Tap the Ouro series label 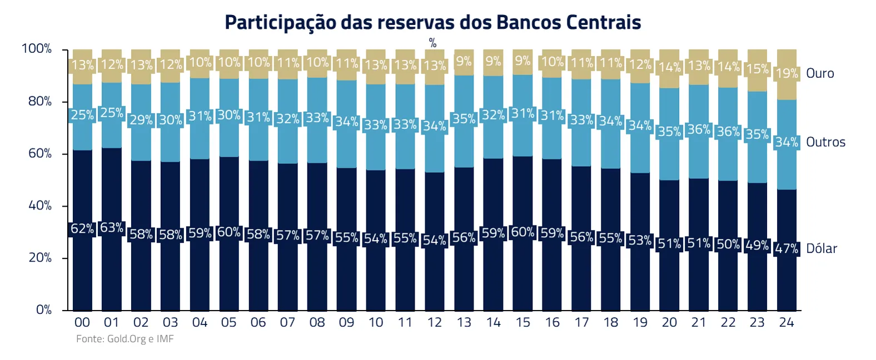[820, 73]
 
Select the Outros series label [825, 142]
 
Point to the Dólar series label [822, 248]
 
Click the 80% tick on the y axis [40, 101]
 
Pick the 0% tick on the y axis [44, 309]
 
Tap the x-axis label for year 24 [787, 323]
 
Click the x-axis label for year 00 [82, 323]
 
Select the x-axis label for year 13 [464, 323]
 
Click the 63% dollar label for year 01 [112, 228]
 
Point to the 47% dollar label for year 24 [787, 248]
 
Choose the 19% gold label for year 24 [787, 73]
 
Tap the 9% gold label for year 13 [464, 61]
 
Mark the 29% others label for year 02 [141, 120]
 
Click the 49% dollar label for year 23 [757, 245]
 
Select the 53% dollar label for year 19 [640, 241]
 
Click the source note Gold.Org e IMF [125, 339]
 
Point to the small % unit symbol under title [433, 43]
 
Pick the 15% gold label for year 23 [757, 69]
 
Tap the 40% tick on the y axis [40, 206]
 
